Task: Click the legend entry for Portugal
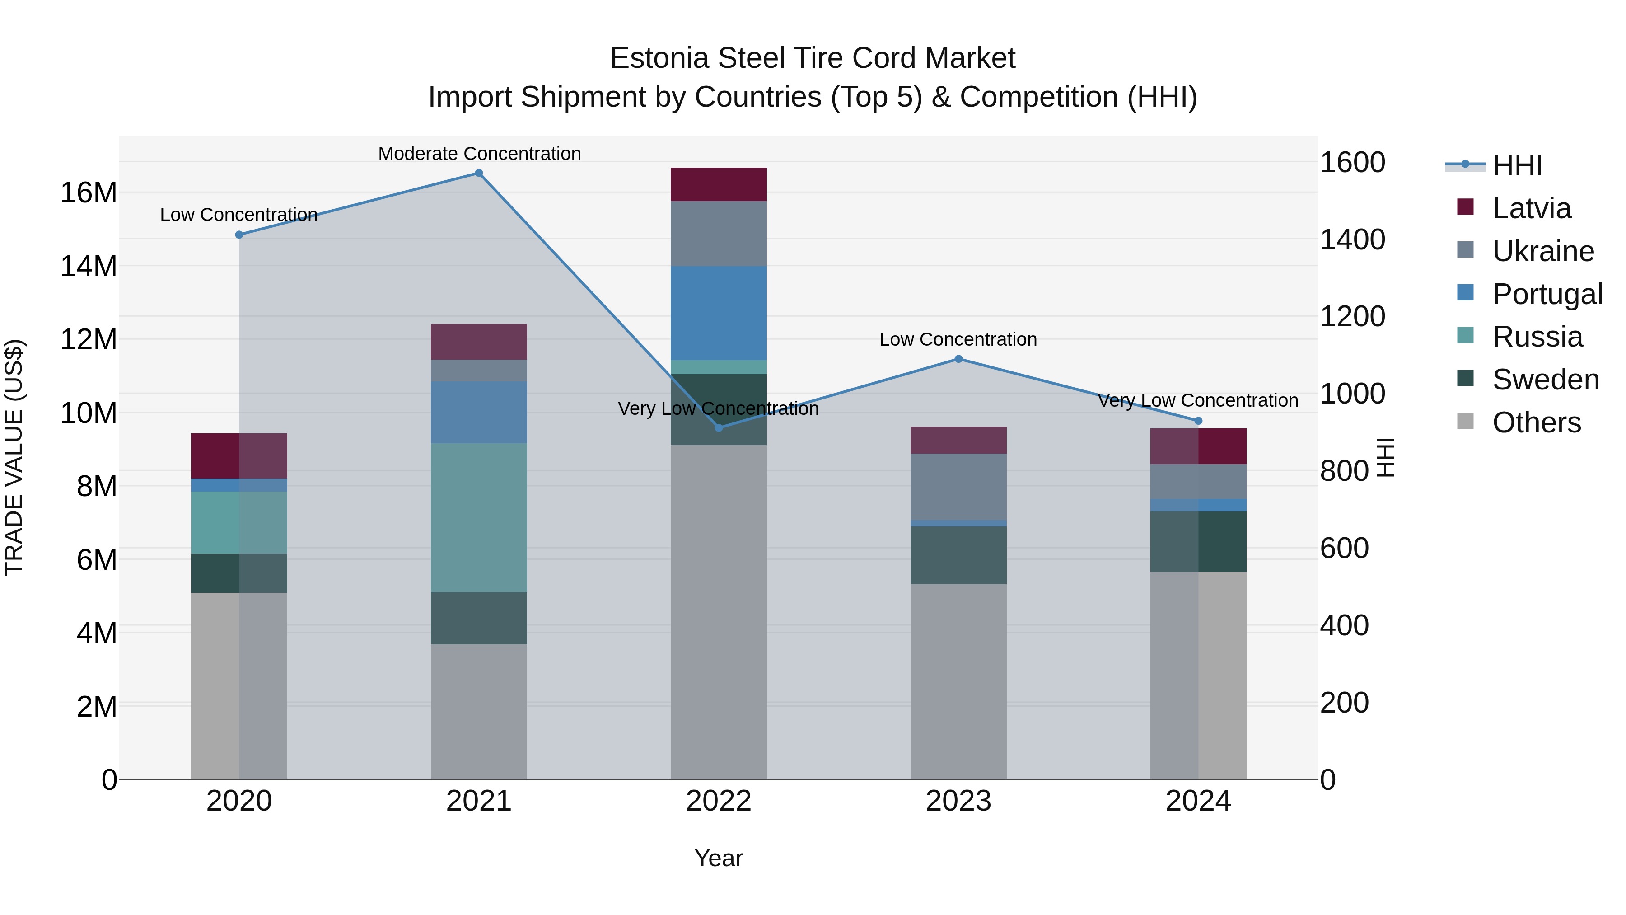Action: pos(1547,294)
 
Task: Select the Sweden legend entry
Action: pos(1545,380)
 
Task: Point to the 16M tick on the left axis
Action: pos(89,192)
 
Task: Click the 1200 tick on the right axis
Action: pos(1353,316)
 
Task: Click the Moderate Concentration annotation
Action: pos(479,154)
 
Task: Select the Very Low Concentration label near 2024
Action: pos(1197,400)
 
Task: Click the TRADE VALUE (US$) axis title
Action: pos(14,457)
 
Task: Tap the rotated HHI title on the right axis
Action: pos(1384,457)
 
